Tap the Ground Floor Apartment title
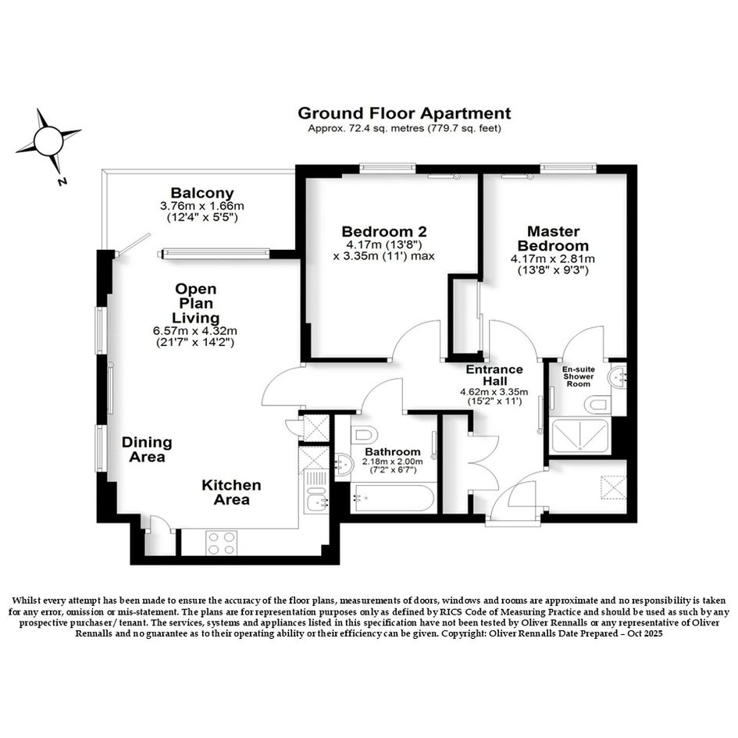405,113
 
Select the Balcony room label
202,193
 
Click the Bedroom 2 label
384,232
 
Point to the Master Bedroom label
553,239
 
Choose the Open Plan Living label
195,303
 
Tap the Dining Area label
147,450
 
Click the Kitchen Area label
231,492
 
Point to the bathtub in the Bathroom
393,498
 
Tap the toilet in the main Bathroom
363,434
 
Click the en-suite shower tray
579,436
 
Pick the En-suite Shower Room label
579,376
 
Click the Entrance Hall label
494,375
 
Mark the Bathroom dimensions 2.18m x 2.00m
392,462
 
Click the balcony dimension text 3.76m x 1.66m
202,206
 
